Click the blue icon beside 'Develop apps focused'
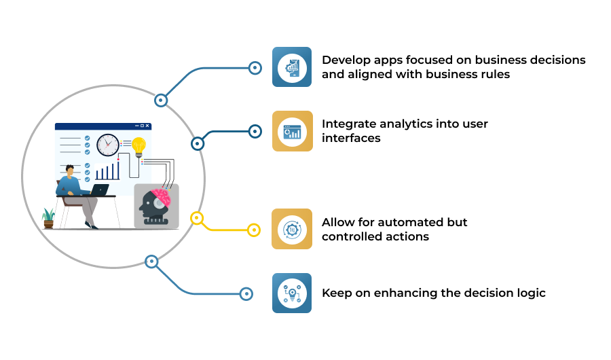[x=292, y=67]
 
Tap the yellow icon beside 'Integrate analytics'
[x=292, y=131]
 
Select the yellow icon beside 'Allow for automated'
[x=292, y=229]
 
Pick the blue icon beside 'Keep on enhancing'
[x=292, y=293]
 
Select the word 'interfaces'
[x=351, y=138]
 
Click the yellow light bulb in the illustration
[x=138, y=147]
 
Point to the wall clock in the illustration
[x=108, y=145]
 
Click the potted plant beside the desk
[x=48, y=218]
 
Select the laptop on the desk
[x=100, y=190]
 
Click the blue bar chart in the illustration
[x=107, y=171]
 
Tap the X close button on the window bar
[x=147, y=126]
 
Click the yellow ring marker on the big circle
[x=197, y=218]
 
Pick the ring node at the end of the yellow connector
[x=254, y=230]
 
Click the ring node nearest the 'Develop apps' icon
[x=255, y=68]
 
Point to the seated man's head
[x=70, y=170]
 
